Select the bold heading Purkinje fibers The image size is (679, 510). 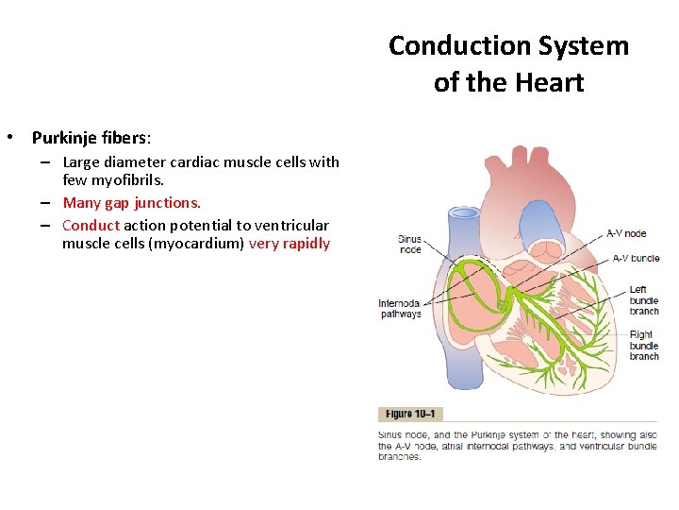(x=88, y=137)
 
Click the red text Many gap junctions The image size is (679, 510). (x=131, y=202)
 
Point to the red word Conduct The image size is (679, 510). (x=91, y=225)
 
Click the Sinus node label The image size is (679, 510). (x=409, y=245)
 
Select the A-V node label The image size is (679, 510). (x=625, y=233)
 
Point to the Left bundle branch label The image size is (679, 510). (x=644, y=300)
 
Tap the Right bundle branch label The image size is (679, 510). (x=644, y=345)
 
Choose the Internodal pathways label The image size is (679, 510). (x=400, y=309)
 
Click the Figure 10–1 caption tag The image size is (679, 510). (x=411, y=414)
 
